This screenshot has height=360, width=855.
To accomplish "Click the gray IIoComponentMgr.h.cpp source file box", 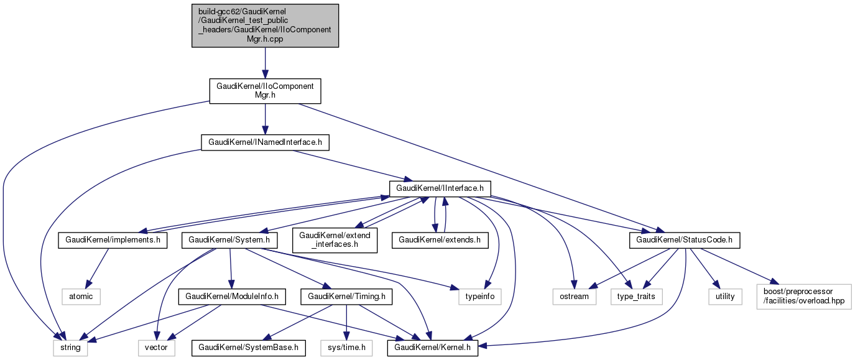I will click(x=265, y=25).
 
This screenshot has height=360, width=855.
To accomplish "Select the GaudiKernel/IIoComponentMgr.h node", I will click(x=265, y=91).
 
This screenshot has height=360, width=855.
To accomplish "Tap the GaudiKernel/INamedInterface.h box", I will click(x=265, y=142).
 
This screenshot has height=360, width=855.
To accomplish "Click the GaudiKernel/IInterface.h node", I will click(x=440, y=188).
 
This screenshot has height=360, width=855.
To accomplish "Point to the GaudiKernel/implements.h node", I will click(x=113, y=239).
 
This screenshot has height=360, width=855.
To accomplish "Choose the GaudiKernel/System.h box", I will click(x=230, y=239).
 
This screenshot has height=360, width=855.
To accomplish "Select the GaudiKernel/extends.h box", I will click(x=440, y=239).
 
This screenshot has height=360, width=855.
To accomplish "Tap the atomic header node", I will click(x=81, y=296).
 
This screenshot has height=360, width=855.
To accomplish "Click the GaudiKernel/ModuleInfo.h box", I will click(x=231, y=296).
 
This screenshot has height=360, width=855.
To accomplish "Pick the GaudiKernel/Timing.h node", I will click(x=346, y=296).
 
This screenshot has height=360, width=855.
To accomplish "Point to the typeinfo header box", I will click(x=480, y=296).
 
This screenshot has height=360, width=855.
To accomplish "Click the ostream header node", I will click(x=574, y=296).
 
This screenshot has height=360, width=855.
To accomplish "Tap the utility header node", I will click(x=725, y=296).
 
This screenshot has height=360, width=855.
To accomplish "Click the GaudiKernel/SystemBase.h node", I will click(x=249, y=348).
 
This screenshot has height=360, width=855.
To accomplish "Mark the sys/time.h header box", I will click(x=347, y=348).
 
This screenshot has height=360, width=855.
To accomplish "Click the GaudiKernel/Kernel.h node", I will click(x=433, y=348).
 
